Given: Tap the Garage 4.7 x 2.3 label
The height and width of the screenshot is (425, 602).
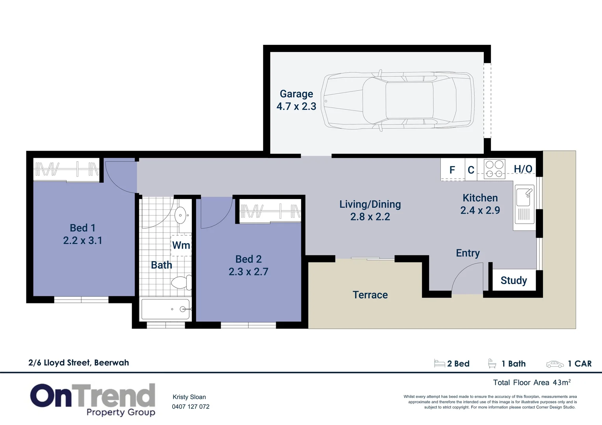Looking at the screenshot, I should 296,100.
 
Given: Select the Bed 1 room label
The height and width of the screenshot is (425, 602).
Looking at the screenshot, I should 83,228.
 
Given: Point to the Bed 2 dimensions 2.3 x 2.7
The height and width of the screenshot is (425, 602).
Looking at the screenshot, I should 248,272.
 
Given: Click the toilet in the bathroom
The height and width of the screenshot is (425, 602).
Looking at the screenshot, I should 181,283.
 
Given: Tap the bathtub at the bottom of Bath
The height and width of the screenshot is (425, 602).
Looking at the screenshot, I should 165,309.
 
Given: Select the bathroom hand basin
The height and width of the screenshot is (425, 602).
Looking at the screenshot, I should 181,215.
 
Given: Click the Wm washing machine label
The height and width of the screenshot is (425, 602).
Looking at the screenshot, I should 181,246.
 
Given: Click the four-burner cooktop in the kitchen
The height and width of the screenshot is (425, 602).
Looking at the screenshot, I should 494,169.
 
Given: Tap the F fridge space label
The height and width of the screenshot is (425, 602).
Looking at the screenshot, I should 452,170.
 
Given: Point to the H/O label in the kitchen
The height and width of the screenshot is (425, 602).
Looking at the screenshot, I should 523,169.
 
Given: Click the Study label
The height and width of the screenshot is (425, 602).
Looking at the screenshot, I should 514,281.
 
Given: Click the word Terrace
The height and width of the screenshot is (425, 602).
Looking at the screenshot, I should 370,295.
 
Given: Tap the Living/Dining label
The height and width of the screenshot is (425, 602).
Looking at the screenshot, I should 370,205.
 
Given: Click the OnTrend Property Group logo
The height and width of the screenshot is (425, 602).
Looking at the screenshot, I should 93,399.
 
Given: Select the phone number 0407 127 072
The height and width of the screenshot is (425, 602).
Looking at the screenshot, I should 191,407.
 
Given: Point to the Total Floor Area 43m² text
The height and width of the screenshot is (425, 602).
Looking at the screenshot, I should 531,382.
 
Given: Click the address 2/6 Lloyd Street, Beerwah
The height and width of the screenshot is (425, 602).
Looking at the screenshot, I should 79,363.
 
